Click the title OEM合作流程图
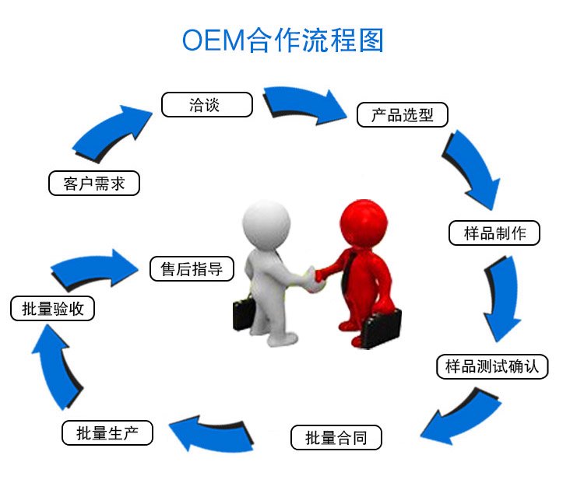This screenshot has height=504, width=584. point(283,40)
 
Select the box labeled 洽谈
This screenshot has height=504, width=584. point(206,105)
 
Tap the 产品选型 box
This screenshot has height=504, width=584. point(403,115)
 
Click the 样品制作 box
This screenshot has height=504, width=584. point(494,233)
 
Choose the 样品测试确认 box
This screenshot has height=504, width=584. point(492,366)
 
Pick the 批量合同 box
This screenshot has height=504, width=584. point(337,437)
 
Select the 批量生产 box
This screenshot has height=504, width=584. point(107,432)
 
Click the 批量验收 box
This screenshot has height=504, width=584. point(53,308)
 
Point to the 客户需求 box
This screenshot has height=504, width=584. point(93,184)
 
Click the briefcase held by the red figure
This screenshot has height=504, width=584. point(380,327)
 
